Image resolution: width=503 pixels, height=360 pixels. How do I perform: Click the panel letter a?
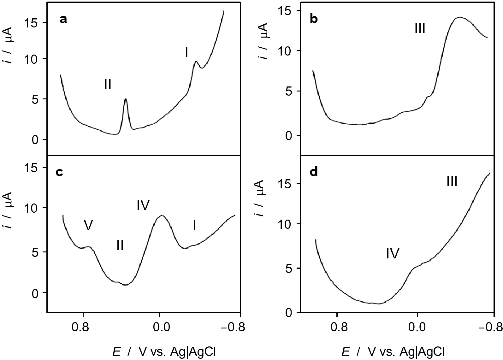point(63,20)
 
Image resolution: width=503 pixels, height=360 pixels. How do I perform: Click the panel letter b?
point(314,20)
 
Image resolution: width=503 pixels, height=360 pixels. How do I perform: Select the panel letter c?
point(59,172)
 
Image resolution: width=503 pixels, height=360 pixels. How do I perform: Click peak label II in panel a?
point(108,85)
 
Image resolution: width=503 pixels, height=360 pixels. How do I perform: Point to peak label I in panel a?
point(186,52)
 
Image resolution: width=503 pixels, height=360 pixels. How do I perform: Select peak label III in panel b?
point(420,29)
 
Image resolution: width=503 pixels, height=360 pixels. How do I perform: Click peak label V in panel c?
point(89,225)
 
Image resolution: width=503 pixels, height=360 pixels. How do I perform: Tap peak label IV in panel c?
point(143,205)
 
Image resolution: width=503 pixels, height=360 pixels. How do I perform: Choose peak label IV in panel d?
point(393,253)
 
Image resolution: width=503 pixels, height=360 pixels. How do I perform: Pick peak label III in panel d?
point(452,181)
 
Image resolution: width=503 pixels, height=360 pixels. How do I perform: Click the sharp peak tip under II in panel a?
point(126,99)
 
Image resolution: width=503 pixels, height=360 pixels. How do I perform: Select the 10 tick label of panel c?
point(32,208)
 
